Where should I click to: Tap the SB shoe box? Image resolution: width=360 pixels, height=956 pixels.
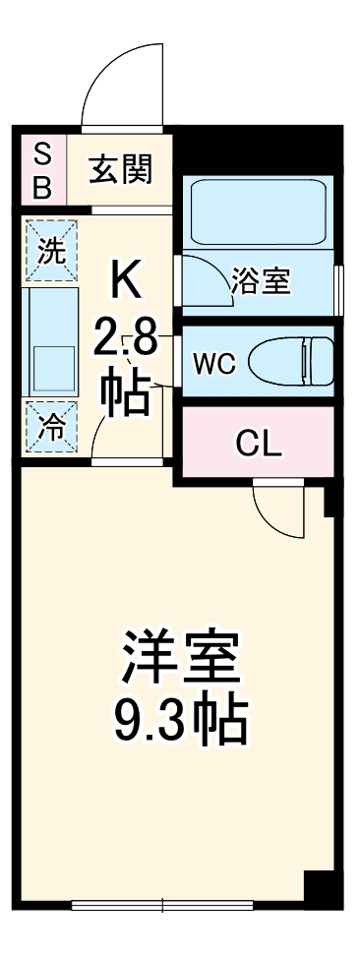[x=42, y=170]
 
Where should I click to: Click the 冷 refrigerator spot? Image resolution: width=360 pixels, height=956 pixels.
[x=48, y=427]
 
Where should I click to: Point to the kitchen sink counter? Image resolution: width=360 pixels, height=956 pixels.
[x=51, y=341]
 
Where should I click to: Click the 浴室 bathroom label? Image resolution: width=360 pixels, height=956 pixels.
[x=261, y=282]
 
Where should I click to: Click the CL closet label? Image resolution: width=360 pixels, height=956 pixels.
[x=259, y=444]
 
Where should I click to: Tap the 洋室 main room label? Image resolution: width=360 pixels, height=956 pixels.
[x=180, y=658]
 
